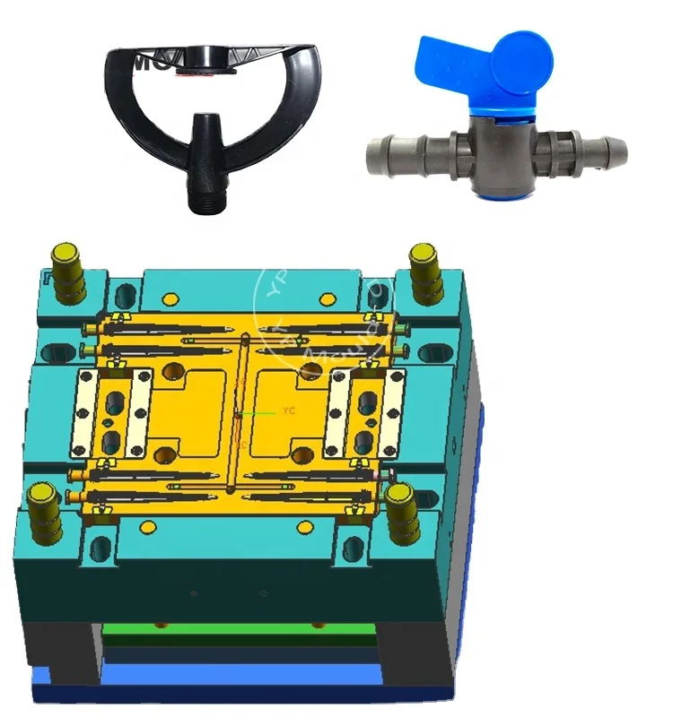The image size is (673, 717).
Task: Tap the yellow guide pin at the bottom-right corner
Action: click(x=403, y=509)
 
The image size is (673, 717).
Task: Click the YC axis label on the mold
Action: click(x=289, y=411)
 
